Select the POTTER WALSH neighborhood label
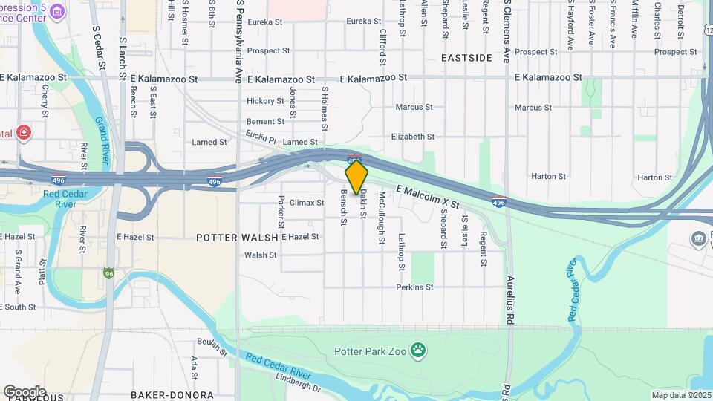pyautogui.click(x=237, y=237)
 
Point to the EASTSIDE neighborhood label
pyautogui.click(x=466, y=57)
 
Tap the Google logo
pyautogui.click(x=24, y=391)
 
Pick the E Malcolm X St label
pyautogui.click(x=428, y=196)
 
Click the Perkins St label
pyautogui.click(x=414, y=287)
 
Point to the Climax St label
pyautogui.click(x=307, y=202)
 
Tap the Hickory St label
pyautogui.click(x=265, y=101)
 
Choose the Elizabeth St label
pyautogui.click(x=412, y=137)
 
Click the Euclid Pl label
pyautogui.click(x=261, y=136)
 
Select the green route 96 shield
pyautogui.click(x=110, y=273)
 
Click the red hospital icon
pyautogui.click(x=24, y=133)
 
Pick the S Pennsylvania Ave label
pyautogui.click(x=239, y=41)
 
